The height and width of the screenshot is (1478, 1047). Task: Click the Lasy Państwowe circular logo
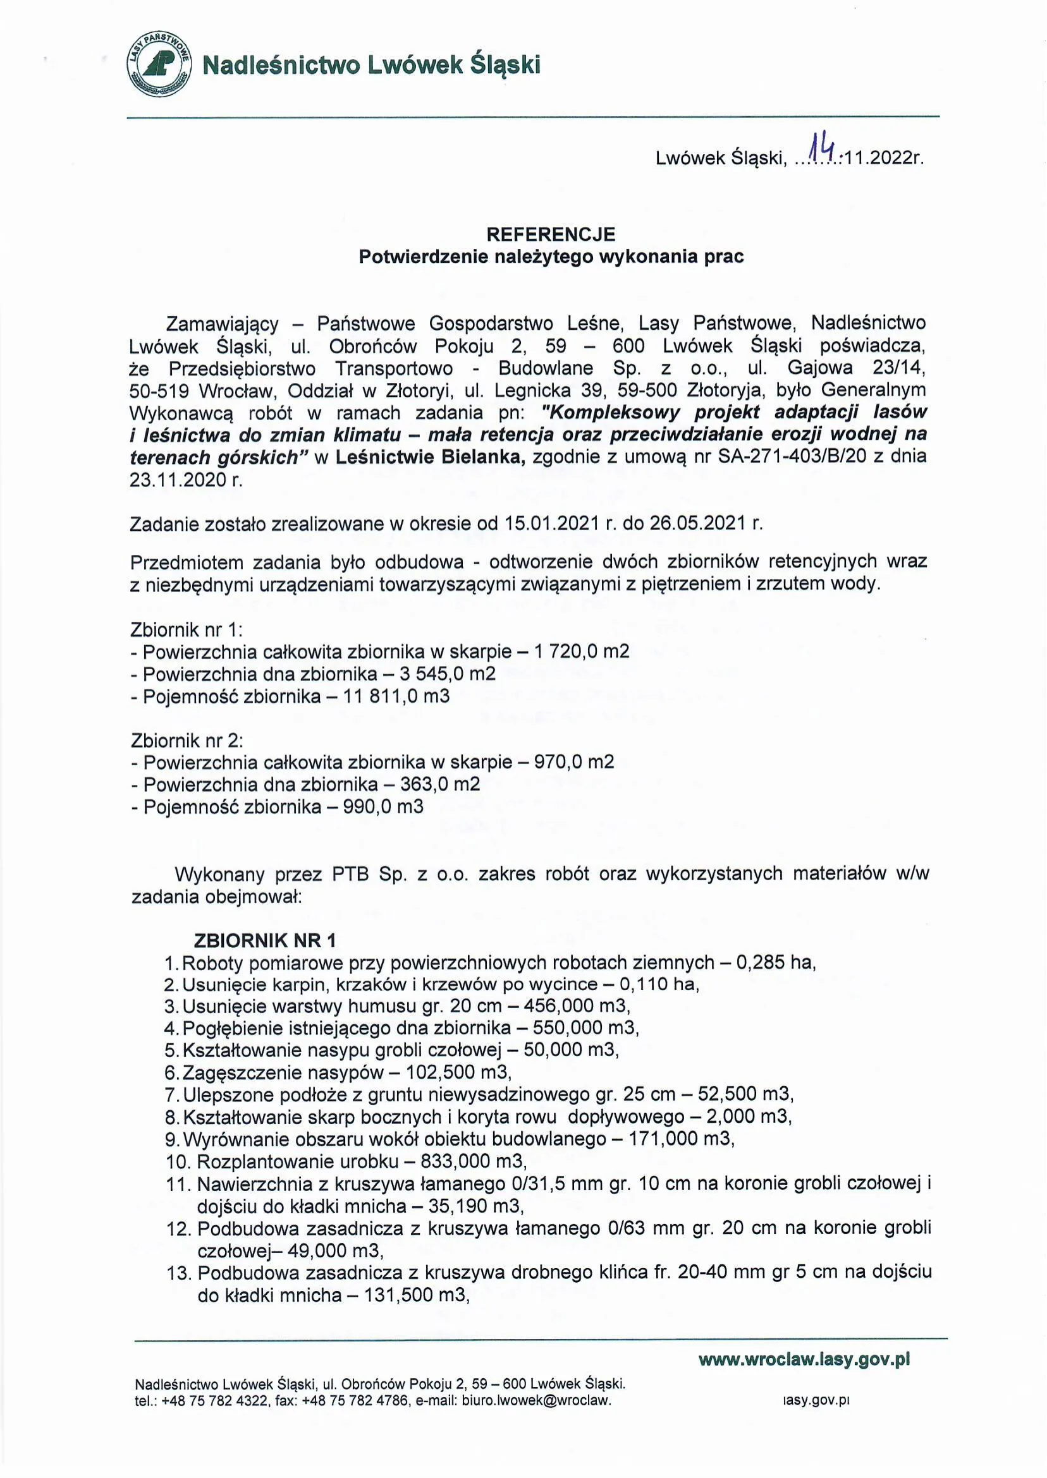[159, 64]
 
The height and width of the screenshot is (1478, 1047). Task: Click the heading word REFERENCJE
[551, 233]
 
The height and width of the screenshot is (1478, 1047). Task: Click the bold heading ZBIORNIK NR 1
[265, 940]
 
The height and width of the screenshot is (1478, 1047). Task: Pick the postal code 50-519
[161, 391]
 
